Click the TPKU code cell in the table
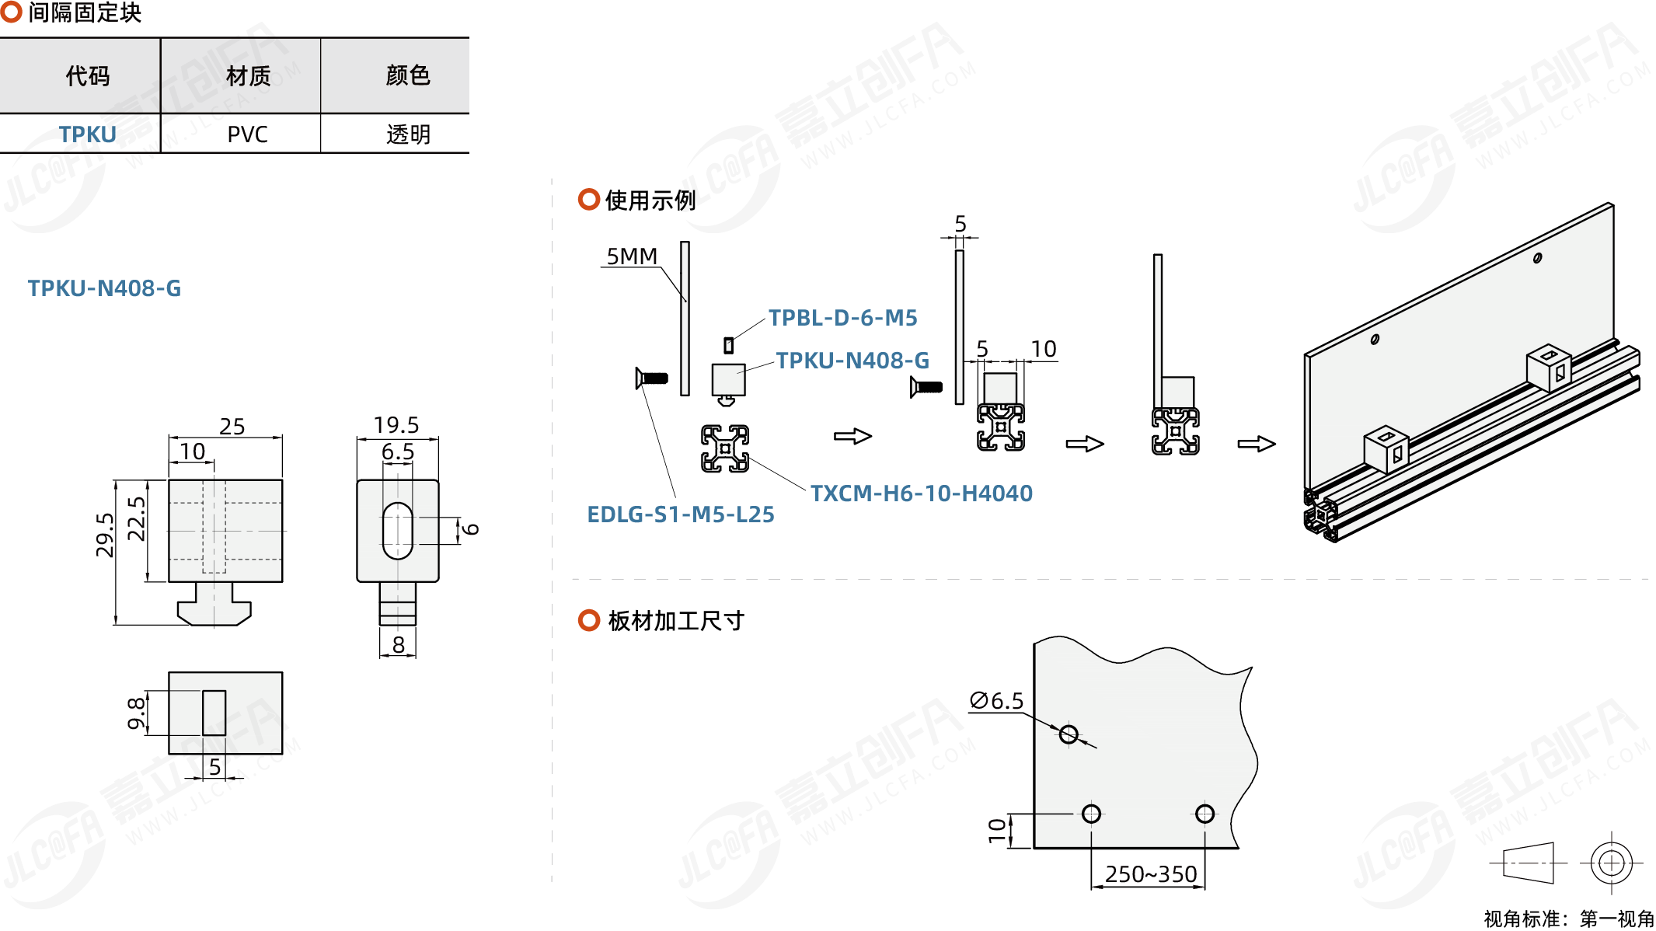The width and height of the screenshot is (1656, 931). pyautogui.click(x=87, y=134)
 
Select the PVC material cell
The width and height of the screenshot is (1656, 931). pyautogui.click(x=247, y=134)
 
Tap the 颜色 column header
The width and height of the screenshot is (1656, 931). pyautogui.click(x=407, y=75)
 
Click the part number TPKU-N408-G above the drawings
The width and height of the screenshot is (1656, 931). pyautogui.click(x=104, y=288)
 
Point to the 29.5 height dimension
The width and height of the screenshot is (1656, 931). pyautogui.click(x=105, y=535)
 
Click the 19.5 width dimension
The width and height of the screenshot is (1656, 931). pyautogui.click(x=396, y=425)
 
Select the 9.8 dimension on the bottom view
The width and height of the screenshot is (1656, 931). pyautogui.click(x=136, y=713)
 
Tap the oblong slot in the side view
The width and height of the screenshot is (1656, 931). pyautogui.click(x=398, y=531)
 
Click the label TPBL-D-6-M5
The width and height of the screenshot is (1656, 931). pyautogui.click(x=842, y=318)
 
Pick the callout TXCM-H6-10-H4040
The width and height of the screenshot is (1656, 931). pyautogui.click(x=921, y=493)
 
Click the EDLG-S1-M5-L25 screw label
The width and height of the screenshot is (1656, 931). pyautogui.click(x=680, y=514)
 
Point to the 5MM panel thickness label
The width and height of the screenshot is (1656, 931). pyautogui.click(x=631, y=256)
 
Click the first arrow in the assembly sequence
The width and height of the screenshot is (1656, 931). pyautogui.click(x=852, y=436)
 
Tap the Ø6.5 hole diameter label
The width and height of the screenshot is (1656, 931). pyautogui.click(x=996, y=701)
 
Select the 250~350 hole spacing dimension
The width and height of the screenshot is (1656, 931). pyautogui.click(x=1150, y=874)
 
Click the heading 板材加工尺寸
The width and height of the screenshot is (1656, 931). pyautogui.click(x=675, y=621)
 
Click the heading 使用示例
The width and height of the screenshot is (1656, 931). pyautogui.click(x=650, y=200)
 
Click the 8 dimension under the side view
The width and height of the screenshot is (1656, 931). pyautogui.click(x=398, y=645)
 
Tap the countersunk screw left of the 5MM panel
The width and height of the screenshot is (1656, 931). pyautogui.click(x=652, y=378)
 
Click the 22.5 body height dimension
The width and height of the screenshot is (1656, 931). pyautogui.click(x=136, y=518)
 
